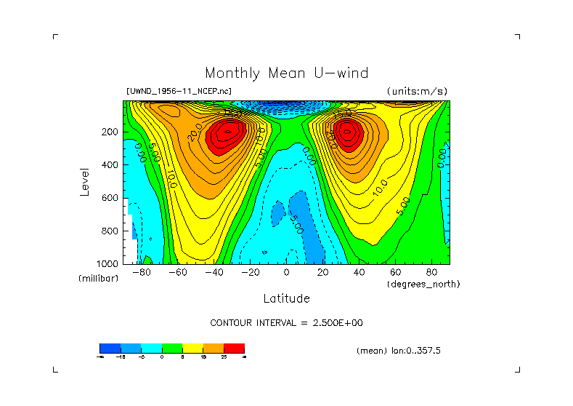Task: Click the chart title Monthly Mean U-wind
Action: [x=286, y=73]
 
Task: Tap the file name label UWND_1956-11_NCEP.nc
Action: [x=179, y=92]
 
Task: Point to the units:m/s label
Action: [x=417, y=92]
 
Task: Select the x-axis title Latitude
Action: [x=286, y=298]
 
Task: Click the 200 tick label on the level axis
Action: [x=110, y=132]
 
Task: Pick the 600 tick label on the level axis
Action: [x=110, y=198]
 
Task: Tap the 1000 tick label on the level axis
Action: [x=108, y=263]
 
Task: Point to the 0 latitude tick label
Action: [x=286, y=273]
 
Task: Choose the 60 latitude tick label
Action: [x=395, y=273]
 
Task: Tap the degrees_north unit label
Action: [x=423, y=284]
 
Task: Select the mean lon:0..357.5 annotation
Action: [x=399, y=351]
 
